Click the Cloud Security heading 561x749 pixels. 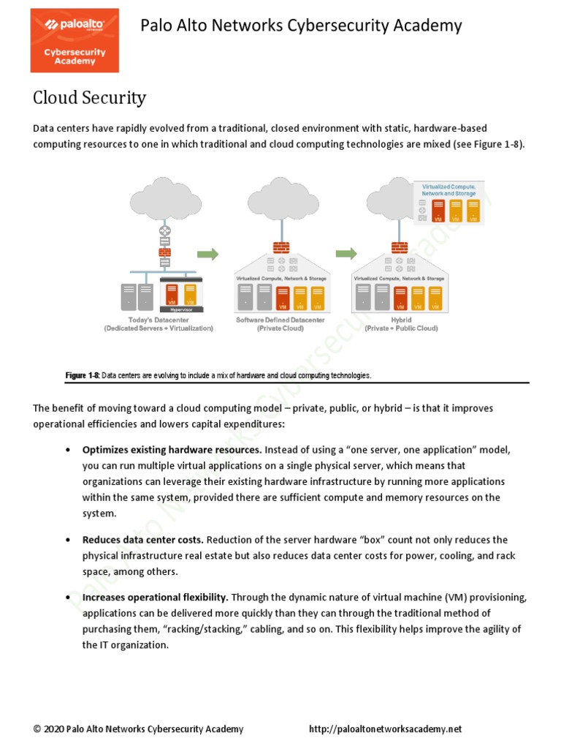(89, 98)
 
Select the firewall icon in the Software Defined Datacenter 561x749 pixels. (281, 247)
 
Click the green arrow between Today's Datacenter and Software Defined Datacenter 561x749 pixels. (208, 254)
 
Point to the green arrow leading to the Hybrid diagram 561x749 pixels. (346, 254)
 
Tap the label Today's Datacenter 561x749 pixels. (159, 320)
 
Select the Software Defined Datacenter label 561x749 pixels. (280, 320)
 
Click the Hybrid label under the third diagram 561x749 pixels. (401, 320)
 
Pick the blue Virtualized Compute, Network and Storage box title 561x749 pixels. (449, 190)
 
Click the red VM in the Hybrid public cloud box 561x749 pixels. (438, 211)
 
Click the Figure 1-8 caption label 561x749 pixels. (82, 375)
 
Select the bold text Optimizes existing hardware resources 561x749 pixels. (172, 449)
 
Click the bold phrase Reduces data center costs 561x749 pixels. (143, 540)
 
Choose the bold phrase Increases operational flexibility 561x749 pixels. (156, 598)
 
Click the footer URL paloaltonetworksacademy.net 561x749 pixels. (386, 729)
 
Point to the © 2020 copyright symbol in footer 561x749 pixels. (37, 729)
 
